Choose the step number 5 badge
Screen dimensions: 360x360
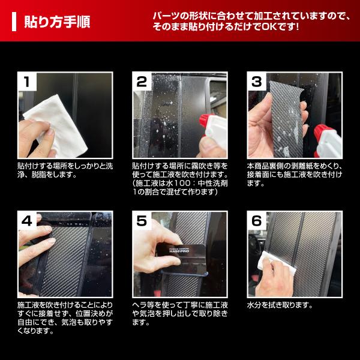point(142,221)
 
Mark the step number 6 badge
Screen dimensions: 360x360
point(257,221)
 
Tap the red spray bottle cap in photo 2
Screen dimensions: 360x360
point(208,120)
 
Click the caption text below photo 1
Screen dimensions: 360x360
point(61,170)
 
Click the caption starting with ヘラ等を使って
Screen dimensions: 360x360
point(178,313)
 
